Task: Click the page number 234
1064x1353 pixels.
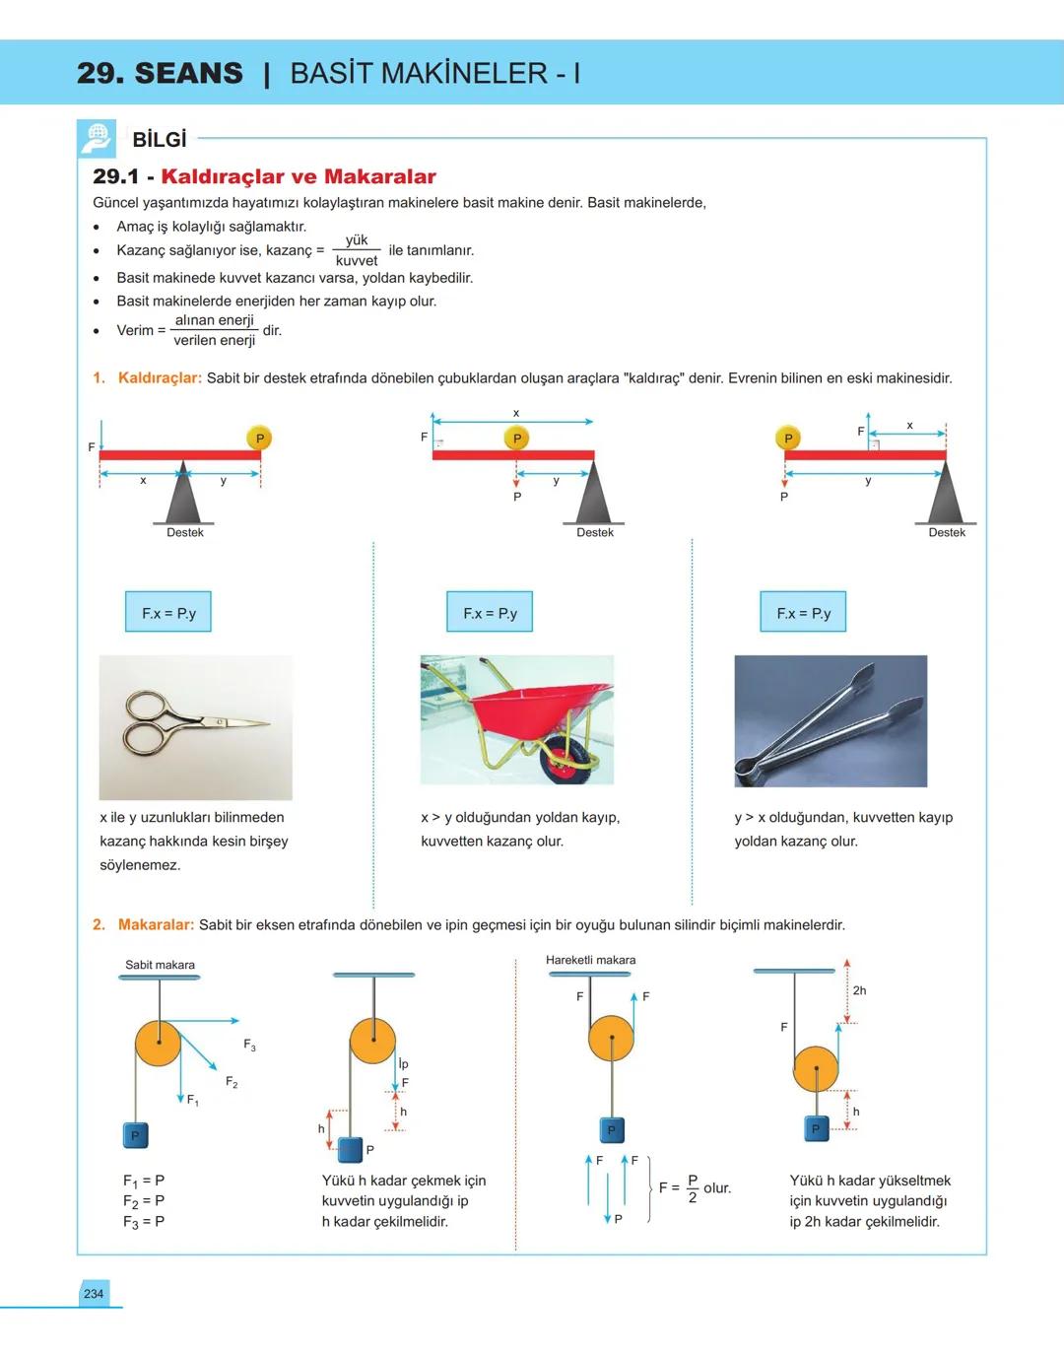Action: tap(94, 1294)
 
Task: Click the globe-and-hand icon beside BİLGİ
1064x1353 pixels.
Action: tap(97, 139)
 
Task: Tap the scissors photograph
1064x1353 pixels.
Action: tap(195, 727)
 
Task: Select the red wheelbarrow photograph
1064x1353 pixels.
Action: tap(517, 719)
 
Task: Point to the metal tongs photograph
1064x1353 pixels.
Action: tap(831, 721)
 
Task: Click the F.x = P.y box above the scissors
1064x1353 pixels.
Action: tap(168, 612)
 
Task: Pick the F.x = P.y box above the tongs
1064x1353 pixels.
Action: tap(803, 612)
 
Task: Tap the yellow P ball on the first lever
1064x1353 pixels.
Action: tap(259, 439)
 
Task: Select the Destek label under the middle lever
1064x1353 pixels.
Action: tap(595, 533)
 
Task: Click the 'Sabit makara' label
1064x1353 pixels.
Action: tap(160, 965)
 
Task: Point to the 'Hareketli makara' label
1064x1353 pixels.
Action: tap(590, 960)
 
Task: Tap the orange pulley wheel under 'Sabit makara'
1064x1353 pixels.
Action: tap(159, 1044)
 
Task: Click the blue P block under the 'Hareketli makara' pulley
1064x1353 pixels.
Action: tap(611, 1130)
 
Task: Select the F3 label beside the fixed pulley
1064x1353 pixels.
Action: tap(249, 1045)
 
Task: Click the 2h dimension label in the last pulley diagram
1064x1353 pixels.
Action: tap(859, 990)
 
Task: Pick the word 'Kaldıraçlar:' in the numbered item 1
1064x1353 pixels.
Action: tap(160, 378)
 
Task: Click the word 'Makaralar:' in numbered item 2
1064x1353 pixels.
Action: tap(156, 925)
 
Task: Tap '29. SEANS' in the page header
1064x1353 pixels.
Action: tap(160, 73)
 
